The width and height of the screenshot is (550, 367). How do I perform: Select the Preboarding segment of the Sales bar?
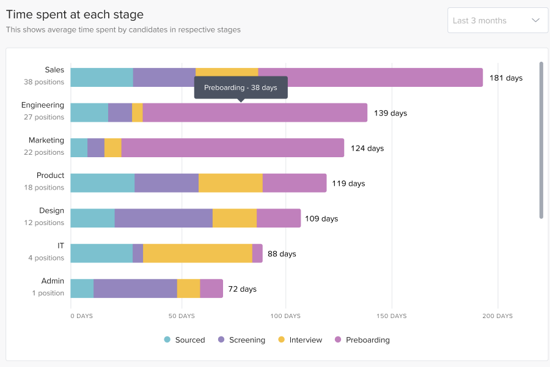coord(370,78)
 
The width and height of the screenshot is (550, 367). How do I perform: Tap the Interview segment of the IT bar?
coord(197,253)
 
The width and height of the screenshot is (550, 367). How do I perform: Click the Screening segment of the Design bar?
coord(163,218)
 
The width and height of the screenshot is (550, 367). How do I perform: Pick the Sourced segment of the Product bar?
coord(103,183)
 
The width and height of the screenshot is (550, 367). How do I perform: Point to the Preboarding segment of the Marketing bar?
coord(232,148)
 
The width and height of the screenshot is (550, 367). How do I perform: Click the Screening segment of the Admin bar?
coord(135,289)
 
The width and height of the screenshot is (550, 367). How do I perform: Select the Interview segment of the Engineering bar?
coord(137,113)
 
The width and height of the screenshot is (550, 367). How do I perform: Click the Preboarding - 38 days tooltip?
coord(241,87)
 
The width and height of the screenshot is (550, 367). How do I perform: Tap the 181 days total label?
coord(506,78)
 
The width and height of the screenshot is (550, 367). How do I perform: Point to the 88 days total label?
coord(282,254)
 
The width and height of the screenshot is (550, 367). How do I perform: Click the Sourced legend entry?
coord(185,340)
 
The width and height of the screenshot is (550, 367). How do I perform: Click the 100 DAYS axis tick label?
coord(285,316)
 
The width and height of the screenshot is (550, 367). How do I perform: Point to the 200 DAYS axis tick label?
coord(497,316)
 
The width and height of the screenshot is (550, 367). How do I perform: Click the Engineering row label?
coord(43,105)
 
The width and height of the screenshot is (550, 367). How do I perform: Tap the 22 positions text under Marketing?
coord(44,152)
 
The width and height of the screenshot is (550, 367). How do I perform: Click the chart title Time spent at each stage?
coord(75,14)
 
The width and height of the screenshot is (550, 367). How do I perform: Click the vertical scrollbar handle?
coord(541,140)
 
